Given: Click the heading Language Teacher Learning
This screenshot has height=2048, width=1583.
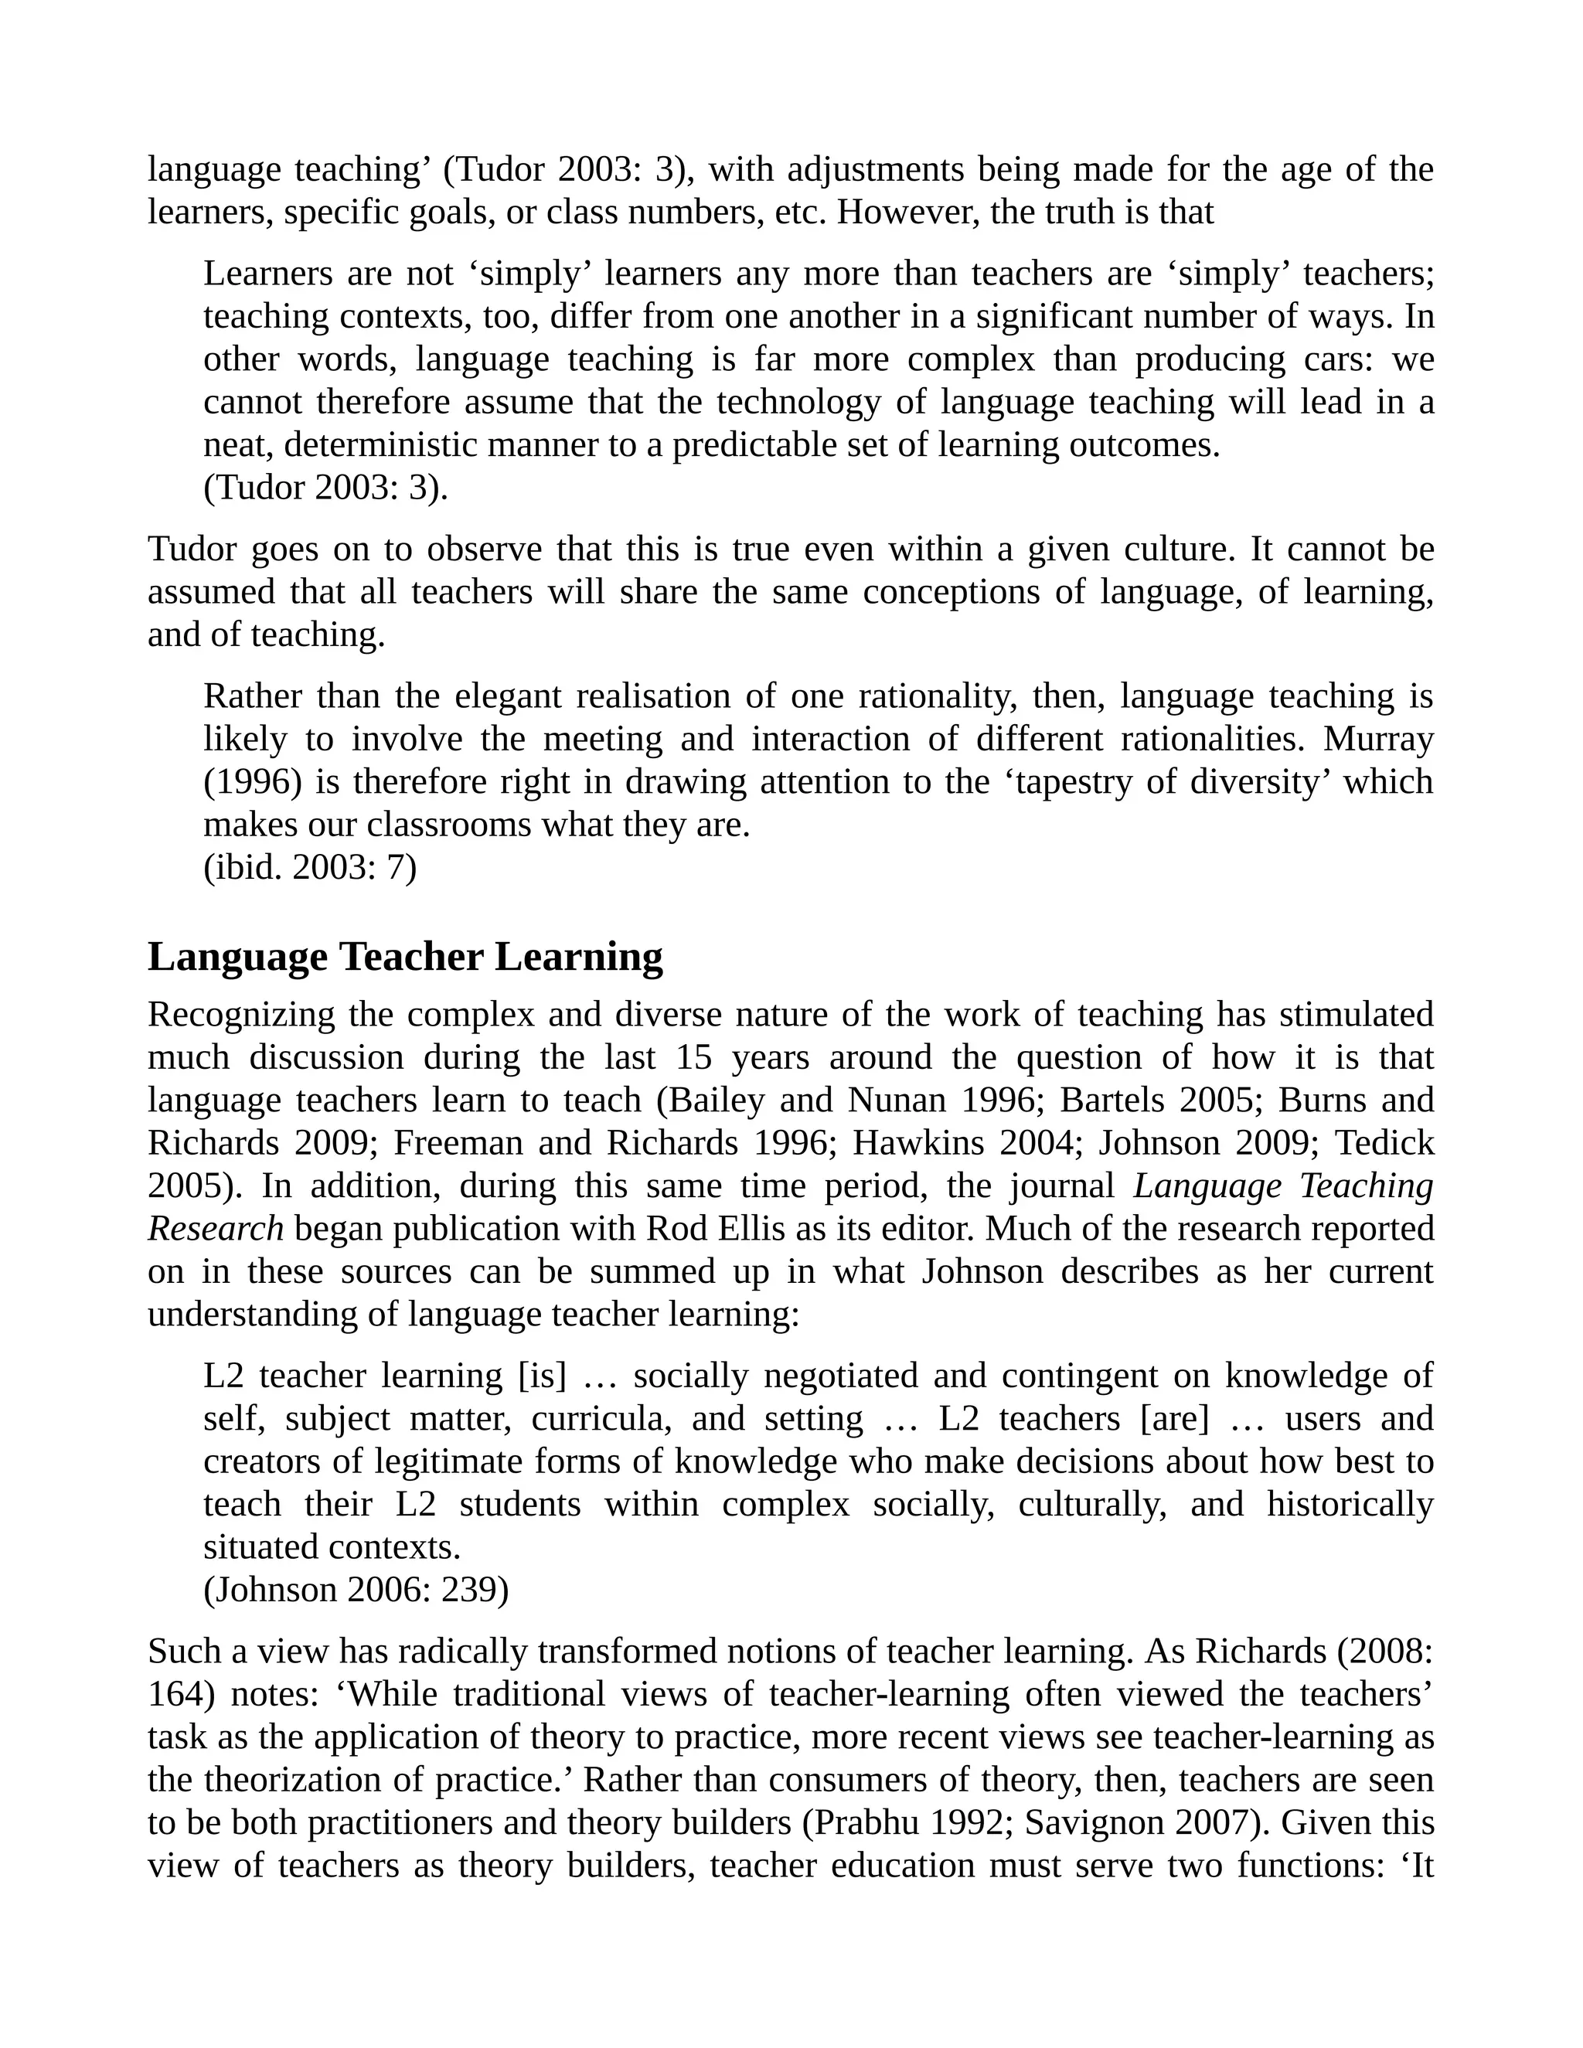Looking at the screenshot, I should [405, 957].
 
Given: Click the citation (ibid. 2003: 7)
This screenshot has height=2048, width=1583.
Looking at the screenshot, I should [309, 867].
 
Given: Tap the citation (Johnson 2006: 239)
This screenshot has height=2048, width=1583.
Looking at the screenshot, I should [356, 1590].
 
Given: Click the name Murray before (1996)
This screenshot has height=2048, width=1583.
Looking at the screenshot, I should [1377, 739].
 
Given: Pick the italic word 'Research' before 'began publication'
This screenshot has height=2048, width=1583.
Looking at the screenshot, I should [216, 1229].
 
